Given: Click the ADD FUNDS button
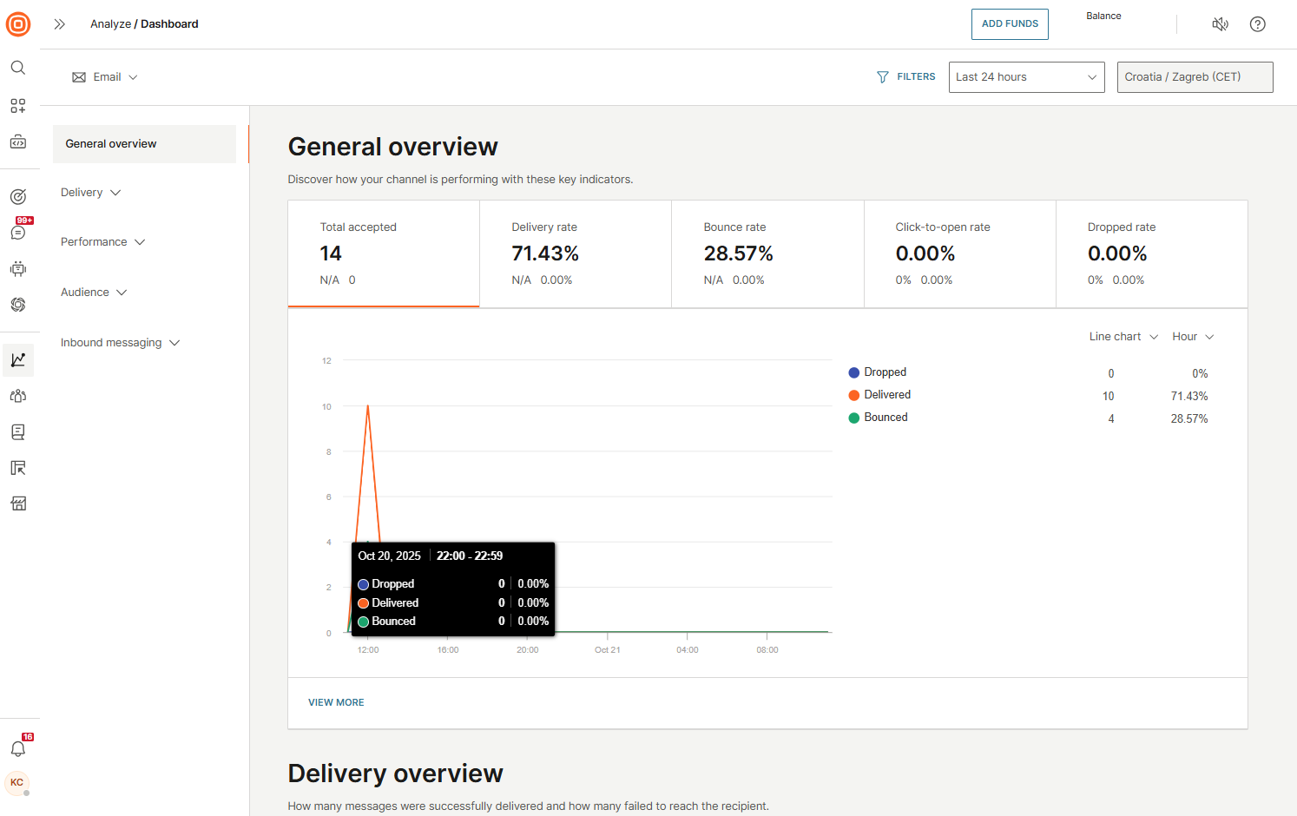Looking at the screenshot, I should click(x=1009, y=24).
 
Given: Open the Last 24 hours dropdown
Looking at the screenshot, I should click(x=1025, y=77).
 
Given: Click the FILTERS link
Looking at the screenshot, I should click(x=906, y=77).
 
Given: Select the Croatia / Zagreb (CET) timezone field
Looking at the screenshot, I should click(x=1194, y=77).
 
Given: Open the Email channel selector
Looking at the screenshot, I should click(x=105, y=77).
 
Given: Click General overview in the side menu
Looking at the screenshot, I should click(x=111, y=144).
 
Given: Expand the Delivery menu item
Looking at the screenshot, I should click(x=90, y=193).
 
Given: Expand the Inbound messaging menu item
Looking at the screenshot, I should click(x=120, y=343).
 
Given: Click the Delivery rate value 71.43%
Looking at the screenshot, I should click(x=544, y=253).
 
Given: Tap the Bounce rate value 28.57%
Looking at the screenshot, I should click(x=737, y=253).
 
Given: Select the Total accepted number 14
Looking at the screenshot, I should click(x=331, y=253).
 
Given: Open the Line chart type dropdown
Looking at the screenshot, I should click(x=1123, y=337).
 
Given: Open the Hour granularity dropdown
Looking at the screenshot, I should click(x=1192, y=337).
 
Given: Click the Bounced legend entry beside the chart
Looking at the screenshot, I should click(x=885, y=418).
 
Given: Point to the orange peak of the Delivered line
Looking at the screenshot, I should click(x=368, y=406).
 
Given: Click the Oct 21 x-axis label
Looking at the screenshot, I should click(x=607, y=649).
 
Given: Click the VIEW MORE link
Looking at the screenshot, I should click(x=336, y=702).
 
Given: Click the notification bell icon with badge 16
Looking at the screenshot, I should click(x=18, y=748).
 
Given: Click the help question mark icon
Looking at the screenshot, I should click(x=1256, y=24).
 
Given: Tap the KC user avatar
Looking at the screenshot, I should click(x=17, y=782).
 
